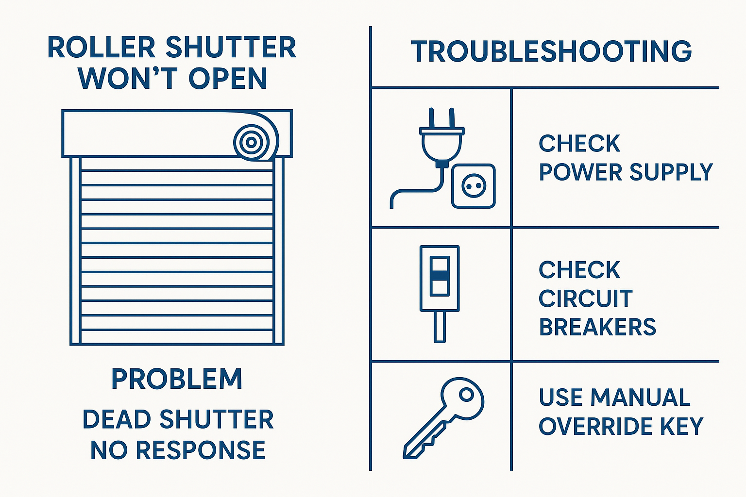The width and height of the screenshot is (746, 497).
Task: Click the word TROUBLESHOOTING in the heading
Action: coord(552,51)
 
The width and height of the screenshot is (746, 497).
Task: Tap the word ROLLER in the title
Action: coord(102,47)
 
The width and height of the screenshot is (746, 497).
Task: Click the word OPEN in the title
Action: coord(228,78)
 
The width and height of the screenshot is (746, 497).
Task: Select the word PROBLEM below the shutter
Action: coord(177,379)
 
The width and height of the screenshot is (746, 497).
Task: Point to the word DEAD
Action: coord(117,419)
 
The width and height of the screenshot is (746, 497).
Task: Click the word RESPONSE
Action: coord(201,450)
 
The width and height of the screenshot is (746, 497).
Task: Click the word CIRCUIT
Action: coord(585,298)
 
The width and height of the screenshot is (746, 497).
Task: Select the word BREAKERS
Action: coord(597,327)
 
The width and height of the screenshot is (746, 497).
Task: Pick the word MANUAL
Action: coord(641,397)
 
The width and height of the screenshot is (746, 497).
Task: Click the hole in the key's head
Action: coord(466,395)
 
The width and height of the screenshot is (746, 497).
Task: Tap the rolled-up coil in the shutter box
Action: coord(251,143)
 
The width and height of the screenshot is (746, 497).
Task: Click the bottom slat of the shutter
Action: coord(177,337)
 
